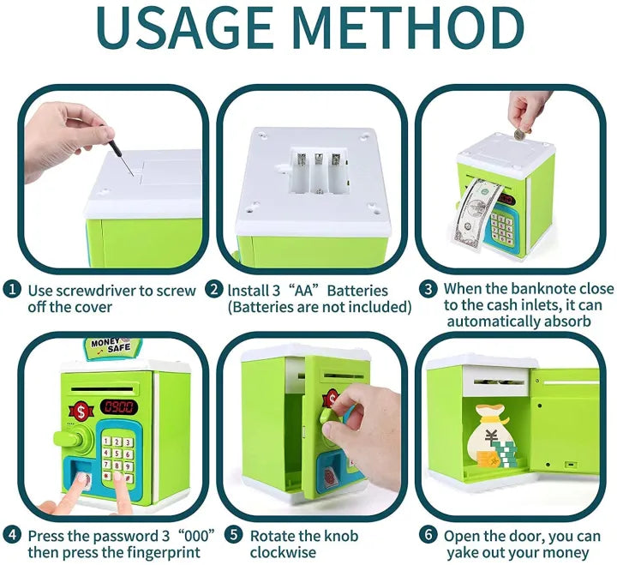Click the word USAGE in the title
point(184,27)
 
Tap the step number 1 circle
point(12,290)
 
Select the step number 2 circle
point(214,290)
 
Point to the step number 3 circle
point(428,290)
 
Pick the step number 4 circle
point(12,535)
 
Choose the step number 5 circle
point(234,535)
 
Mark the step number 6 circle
point(428,535)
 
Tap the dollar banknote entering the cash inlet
point(475,213)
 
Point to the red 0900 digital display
point(119,406)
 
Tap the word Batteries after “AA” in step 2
point(357,291)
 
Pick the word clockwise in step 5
point(283,552)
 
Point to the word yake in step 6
point(463,553)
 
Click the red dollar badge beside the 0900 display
point(81,412)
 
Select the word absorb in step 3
point(567,322)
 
